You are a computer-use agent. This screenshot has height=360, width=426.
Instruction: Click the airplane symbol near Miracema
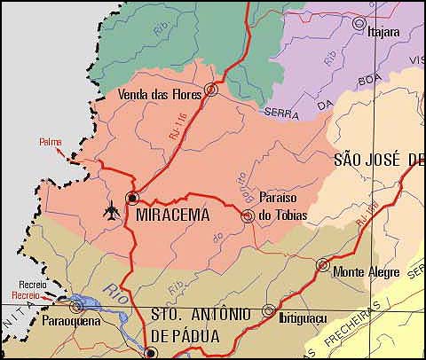point(112,211)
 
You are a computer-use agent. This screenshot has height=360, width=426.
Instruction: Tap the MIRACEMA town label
point(173,215)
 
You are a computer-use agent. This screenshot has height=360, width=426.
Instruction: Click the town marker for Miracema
point(132,197)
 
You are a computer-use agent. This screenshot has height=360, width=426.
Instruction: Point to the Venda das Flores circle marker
point(210,89)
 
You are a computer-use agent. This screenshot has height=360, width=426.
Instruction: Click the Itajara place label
point(383,33)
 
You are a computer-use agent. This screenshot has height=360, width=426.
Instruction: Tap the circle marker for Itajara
point(359,23)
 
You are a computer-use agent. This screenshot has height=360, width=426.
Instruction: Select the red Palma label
point(51,141)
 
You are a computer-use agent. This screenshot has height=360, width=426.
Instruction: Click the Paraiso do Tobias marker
point(248,215)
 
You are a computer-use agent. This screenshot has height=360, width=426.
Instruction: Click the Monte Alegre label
point(366,272)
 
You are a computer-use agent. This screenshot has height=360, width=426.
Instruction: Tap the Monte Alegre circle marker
point(323,264)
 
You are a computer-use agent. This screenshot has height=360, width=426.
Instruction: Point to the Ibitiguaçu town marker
point(268,310)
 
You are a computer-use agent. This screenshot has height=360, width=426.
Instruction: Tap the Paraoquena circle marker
point(75,306)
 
